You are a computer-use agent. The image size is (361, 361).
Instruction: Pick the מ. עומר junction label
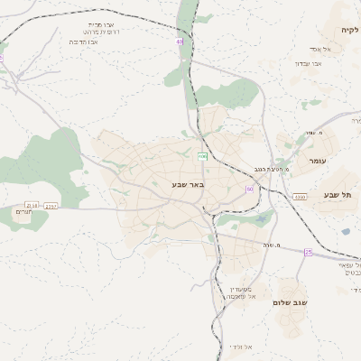pyautogui.click(x=312, y=133)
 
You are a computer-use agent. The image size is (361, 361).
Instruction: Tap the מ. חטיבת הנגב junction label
pyautogui.click(x=271, y=169)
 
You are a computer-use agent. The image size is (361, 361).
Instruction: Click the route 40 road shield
pyautogui.click(x=180, y=42)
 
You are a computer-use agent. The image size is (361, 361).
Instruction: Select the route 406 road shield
pyautogui.click(x=203, y=157)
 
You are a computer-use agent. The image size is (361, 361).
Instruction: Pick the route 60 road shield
pyautogui.click(x=249, y=189)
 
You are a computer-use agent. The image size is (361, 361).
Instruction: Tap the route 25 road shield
pyautogui.click(x=308, y=252)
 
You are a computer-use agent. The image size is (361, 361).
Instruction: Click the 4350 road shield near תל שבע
pyautogui.click(x=300, y=196)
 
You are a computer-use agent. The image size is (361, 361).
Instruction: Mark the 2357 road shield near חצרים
pyautogui.click(x=53, y=206)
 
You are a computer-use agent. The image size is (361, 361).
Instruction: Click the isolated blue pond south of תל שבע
pyautogui.click(x=345, y=232)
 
